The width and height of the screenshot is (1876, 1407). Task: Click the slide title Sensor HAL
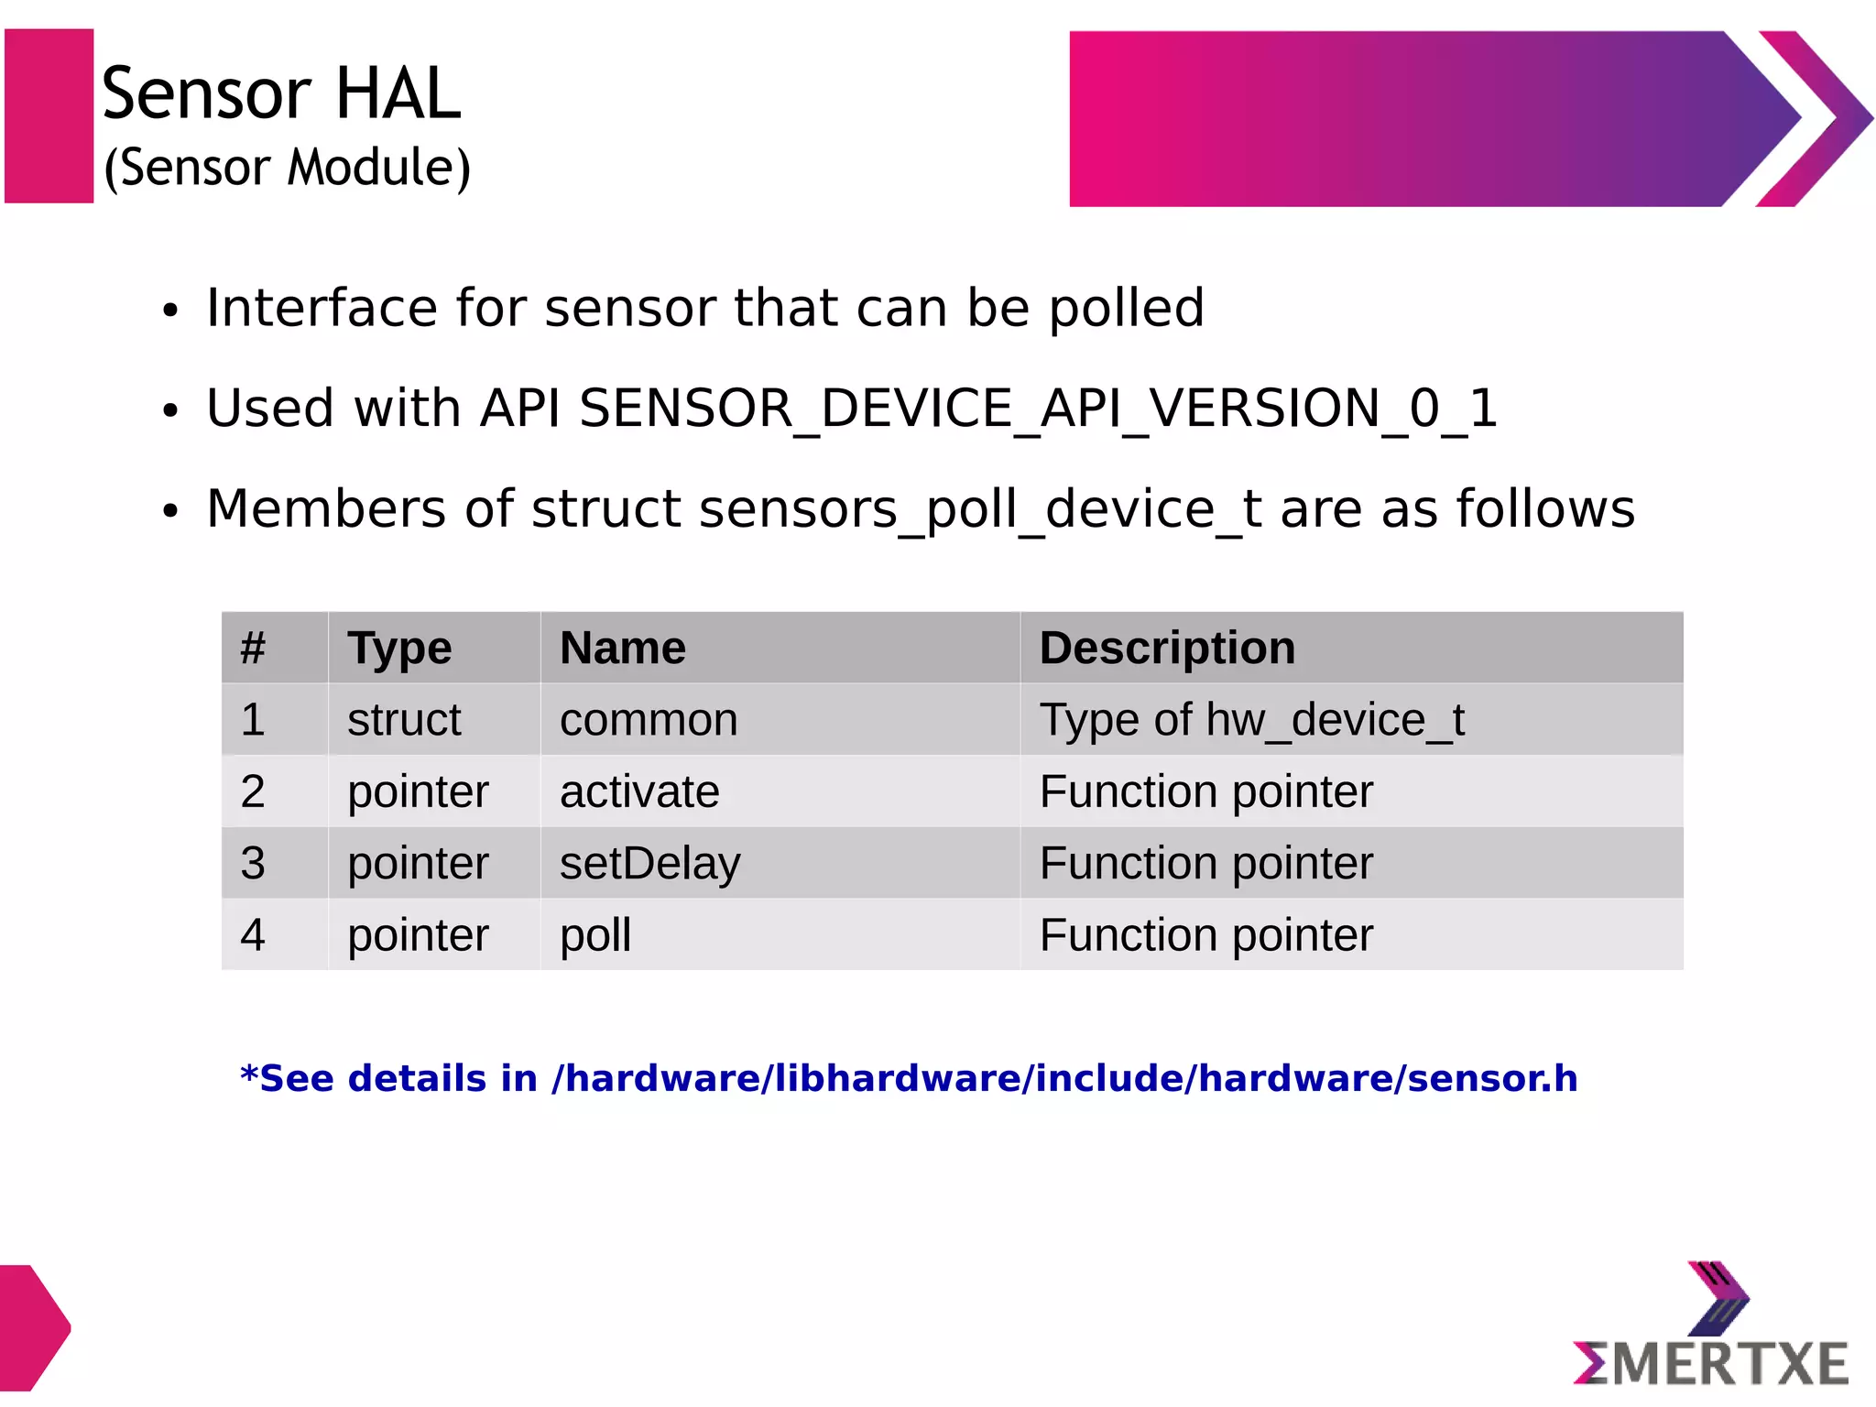pyautogui.click(x=280, y=93)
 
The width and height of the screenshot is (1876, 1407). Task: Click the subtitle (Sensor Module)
pyautogui.click(x=288, y=168)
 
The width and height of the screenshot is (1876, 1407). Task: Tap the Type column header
pyautogui.click(x=399, y=648)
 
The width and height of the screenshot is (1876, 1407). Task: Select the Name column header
pyautogui.click(x=623, y=648)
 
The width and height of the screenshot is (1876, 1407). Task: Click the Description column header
pyautogui.click(x=1167, y=648)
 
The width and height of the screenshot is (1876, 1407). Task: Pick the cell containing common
pyautogui.click(x=649, y=720)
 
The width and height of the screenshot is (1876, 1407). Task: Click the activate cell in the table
pyautogui.click(x=639, y=791)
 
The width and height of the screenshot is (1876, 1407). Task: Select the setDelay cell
pyautogui.click(x=649, y=864)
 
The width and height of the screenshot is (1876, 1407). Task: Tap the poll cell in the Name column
pyautogui.click(x=595, y=935)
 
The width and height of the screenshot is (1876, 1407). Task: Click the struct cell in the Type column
pyautogui.click(x=404, y=720)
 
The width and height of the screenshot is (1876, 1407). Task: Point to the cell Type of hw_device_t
pyautogui.click(x=1251, y=720)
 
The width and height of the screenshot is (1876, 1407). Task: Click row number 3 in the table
pyautogui.click(x=253, y=864)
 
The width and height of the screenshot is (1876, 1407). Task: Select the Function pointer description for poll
pyautogui.click(x=1205, y=935)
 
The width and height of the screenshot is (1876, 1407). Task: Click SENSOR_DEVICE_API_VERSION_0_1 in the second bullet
pyautogui.click(x=1038, y=409)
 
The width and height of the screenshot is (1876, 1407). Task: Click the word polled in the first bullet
pyautogui.click(x=1126, y=308)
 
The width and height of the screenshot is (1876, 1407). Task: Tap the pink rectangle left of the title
pyautogui.click(x=49, y=115)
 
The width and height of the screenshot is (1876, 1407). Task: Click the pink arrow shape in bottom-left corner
pyautogui.click(x=31, y=1327)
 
